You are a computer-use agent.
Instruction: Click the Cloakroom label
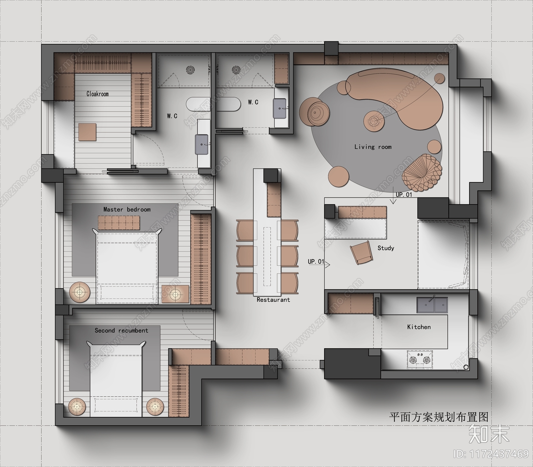point(98,94)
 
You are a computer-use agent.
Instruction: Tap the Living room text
point(373,147)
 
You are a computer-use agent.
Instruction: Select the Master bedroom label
point(127,209)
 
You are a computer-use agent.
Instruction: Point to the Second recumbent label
point(121,331)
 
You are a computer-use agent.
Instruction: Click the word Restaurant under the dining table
point(273,300)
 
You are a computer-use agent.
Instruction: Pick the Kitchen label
point(419,327)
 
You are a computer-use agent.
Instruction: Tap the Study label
point(386,248)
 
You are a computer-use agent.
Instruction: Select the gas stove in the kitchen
point(420,360)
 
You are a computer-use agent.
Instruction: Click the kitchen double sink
point(432,305)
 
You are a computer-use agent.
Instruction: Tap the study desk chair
point(361,253)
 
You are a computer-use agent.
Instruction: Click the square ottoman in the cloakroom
point(87,132)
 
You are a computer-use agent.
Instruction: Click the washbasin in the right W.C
point(280,108)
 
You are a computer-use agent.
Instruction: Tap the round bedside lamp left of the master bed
point(80,293)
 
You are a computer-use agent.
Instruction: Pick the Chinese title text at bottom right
point(439,417)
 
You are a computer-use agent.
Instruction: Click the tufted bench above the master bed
point(119,222)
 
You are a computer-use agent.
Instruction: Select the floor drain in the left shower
point(190,70)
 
